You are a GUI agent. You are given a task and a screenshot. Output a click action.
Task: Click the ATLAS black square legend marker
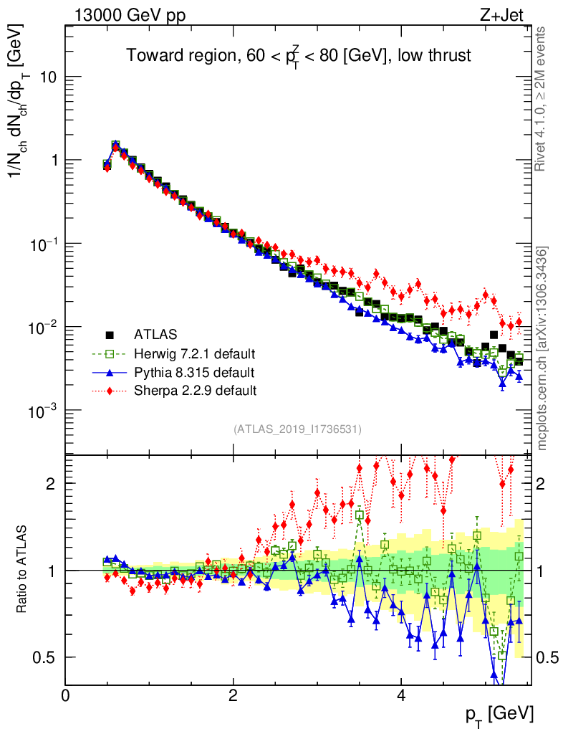click(x=110, y=334)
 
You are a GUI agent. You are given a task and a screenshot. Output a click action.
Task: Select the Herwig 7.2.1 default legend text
click(x=195, y=354)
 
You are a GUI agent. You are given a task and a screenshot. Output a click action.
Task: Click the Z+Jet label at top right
click(x=509, y=14)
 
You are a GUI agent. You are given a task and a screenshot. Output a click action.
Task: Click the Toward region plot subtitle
click(x=299, y=56)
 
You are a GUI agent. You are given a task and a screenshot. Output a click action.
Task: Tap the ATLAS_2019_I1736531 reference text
click(x=297, y=429)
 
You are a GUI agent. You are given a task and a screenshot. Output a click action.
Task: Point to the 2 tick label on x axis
click(x=233, y=695)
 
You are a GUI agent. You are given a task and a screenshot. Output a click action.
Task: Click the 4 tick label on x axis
click(x=401, y=695)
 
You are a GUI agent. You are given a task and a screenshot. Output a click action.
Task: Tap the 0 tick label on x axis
click(x=65, y=695)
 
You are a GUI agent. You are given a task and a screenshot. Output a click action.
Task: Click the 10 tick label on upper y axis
click(x=47, y=77)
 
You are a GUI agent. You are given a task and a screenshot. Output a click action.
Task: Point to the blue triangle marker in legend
click(x=110, y=373)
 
